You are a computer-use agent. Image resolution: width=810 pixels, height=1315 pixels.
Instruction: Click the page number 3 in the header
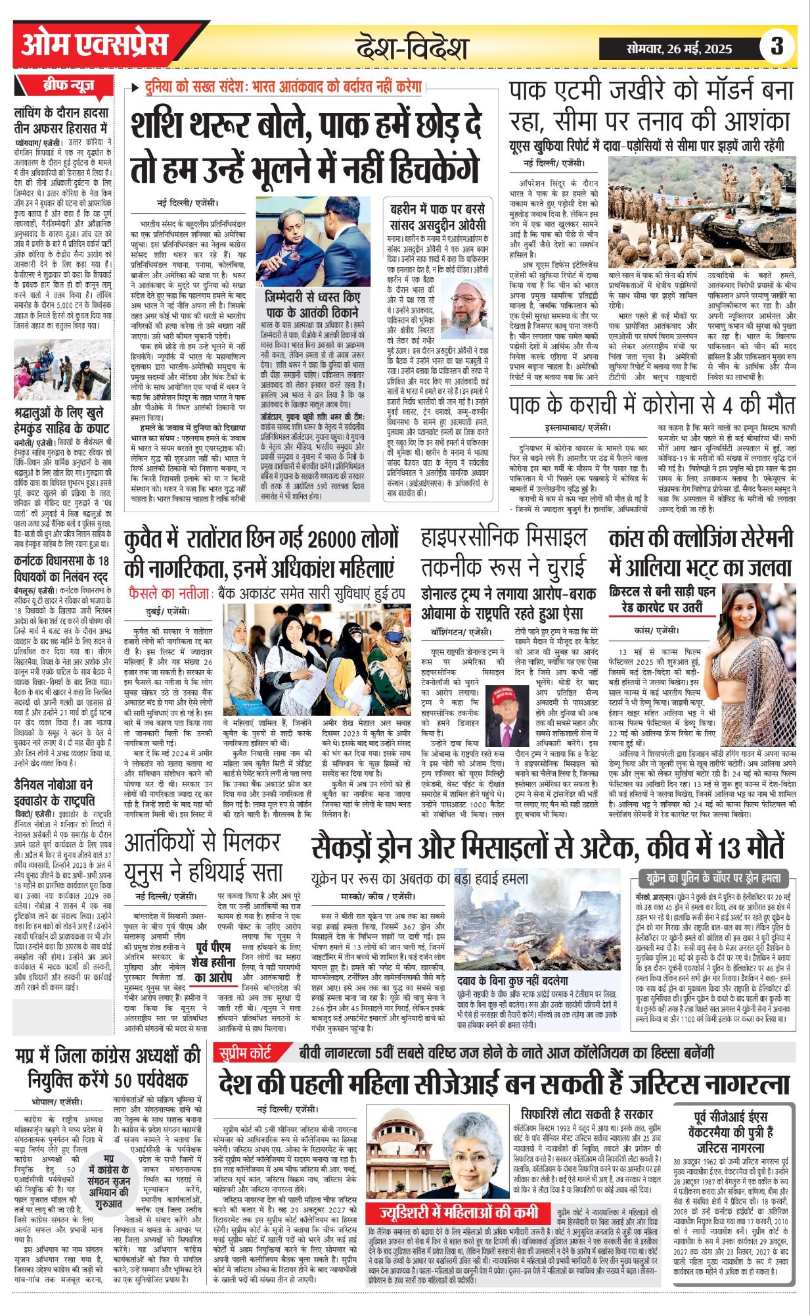coord(777,47)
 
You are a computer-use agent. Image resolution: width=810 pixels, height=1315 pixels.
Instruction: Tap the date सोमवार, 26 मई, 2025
coord(679,49)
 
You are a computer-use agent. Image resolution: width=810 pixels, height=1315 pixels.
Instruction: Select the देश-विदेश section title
coord(412,48)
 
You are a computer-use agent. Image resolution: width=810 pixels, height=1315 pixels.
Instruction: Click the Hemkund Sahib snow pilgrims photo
coord(62,370)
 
